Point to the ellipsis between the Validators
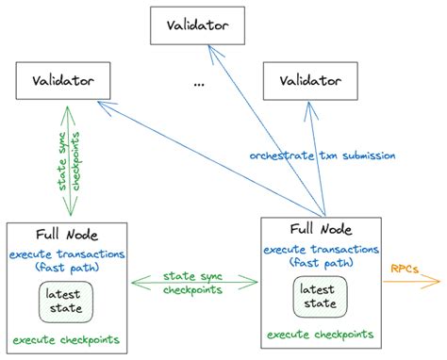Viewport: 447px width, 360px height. [x=198, y=84]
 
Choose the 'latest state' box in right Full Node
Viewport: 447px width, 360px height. [x=319, y=294]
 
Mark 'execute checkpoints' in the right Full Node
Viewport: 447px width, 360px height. [x=320, y=334]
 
